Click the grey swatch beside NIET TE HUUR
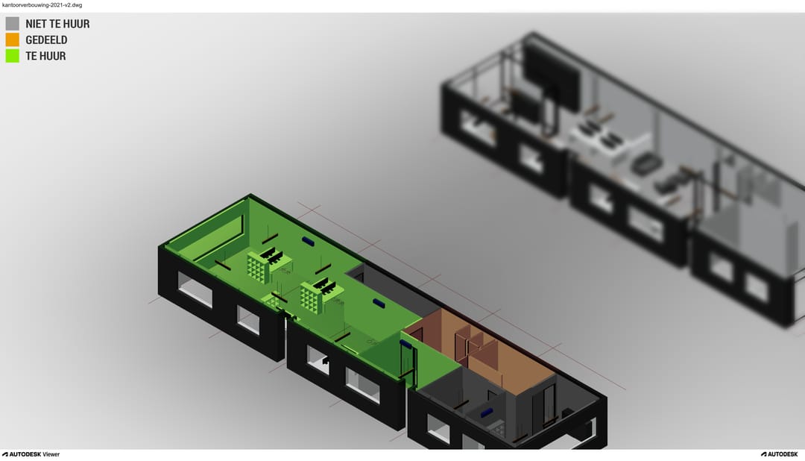(13, 24)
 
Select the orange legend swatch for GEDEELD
(13, 40)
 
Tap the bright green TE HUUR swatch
(13, 55)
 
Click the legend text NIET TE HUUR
(57, 24)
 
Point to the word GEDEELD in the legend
(46, 40)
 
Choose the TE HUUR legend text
(45, 56)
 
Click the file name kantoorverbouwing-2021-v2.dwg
(42, 5)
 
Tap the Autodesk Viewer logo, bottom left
(31, 454)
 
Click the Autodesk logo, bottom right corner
(780, 454)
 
